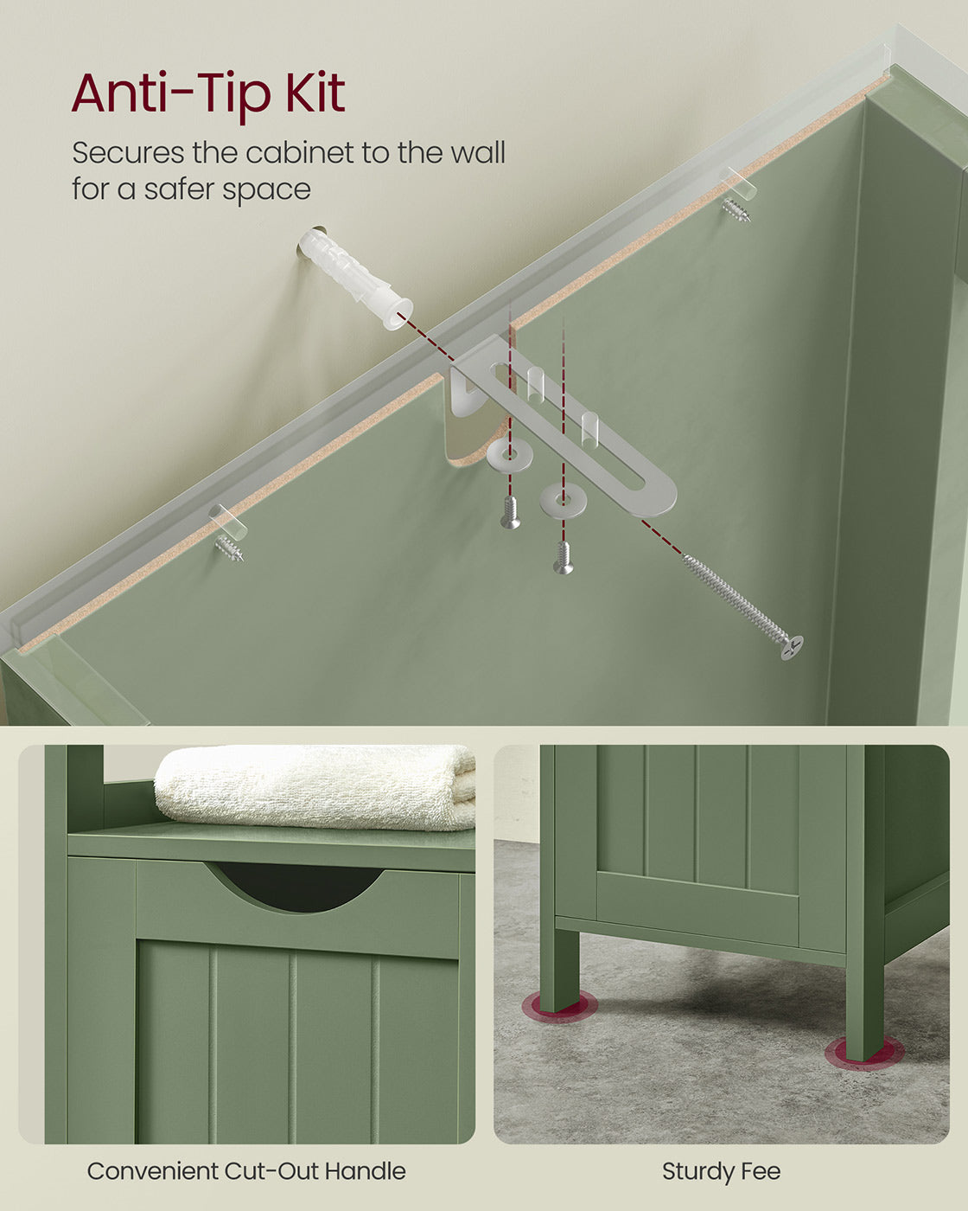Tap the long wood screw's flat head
pyautogui.click(x=792, y=647)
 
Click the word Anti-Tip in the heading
pyautogui.click(x=173, y=93)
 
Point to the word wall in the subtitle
pyautogui.click(x=477, y=153)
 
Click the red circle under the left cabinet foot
pyautogui.click(x=559, y=1007)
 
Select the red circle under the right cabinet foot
pyautogui.click(x=863, y=1053)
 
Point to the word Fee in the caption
pyautogui.click(x=761, y=1172)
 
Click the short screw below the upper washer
pyautogui.click(x=511, y=512)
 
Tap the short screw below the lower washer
pyautogui.click(x=564, y=558)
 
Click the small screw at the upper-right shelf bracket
pyautogui.click(x=736, y=208)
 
